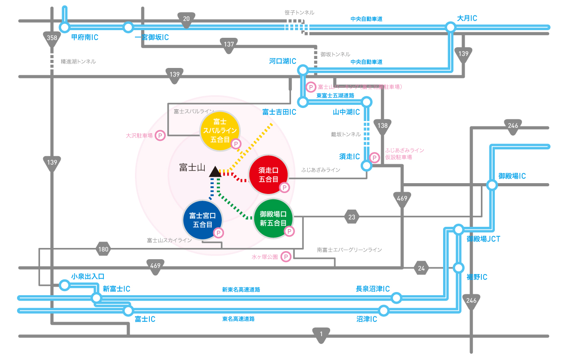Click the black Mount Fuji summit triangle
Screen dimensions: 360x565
(215, 171)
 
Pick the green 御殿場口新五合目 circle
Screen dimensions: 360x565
(273, 219)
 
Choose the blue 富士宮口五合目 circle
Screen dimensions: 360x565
(202, 220)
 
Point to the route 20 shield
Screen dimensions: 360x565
(186, 19)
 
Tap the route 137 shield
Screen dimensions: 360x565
(229, 45)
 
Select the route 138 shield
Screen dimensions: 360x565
(383, 126)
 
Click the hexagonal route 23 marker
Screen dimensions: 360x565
(352, 217)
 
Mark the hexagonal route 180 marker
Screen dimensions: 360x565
(103, 249)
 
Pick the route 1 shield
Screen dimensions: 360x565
(321, 335)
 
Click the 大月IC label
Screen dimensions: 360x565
(467, 18)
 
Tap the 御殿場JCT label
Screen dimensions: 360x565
(483, 239)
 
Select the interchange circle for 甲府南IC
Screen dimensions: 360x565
(65, 27)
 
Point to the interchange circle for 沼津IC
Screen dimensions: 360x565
(384, 310)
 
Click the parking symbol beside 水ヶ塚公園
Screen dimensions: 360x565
(285, 256)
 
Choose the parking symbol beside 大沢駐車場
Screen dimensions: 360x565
(160, 135)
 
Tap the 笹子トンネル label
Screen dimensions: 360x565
(299, 13)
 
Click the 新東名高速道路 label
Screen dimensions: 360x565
(241, 290)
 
